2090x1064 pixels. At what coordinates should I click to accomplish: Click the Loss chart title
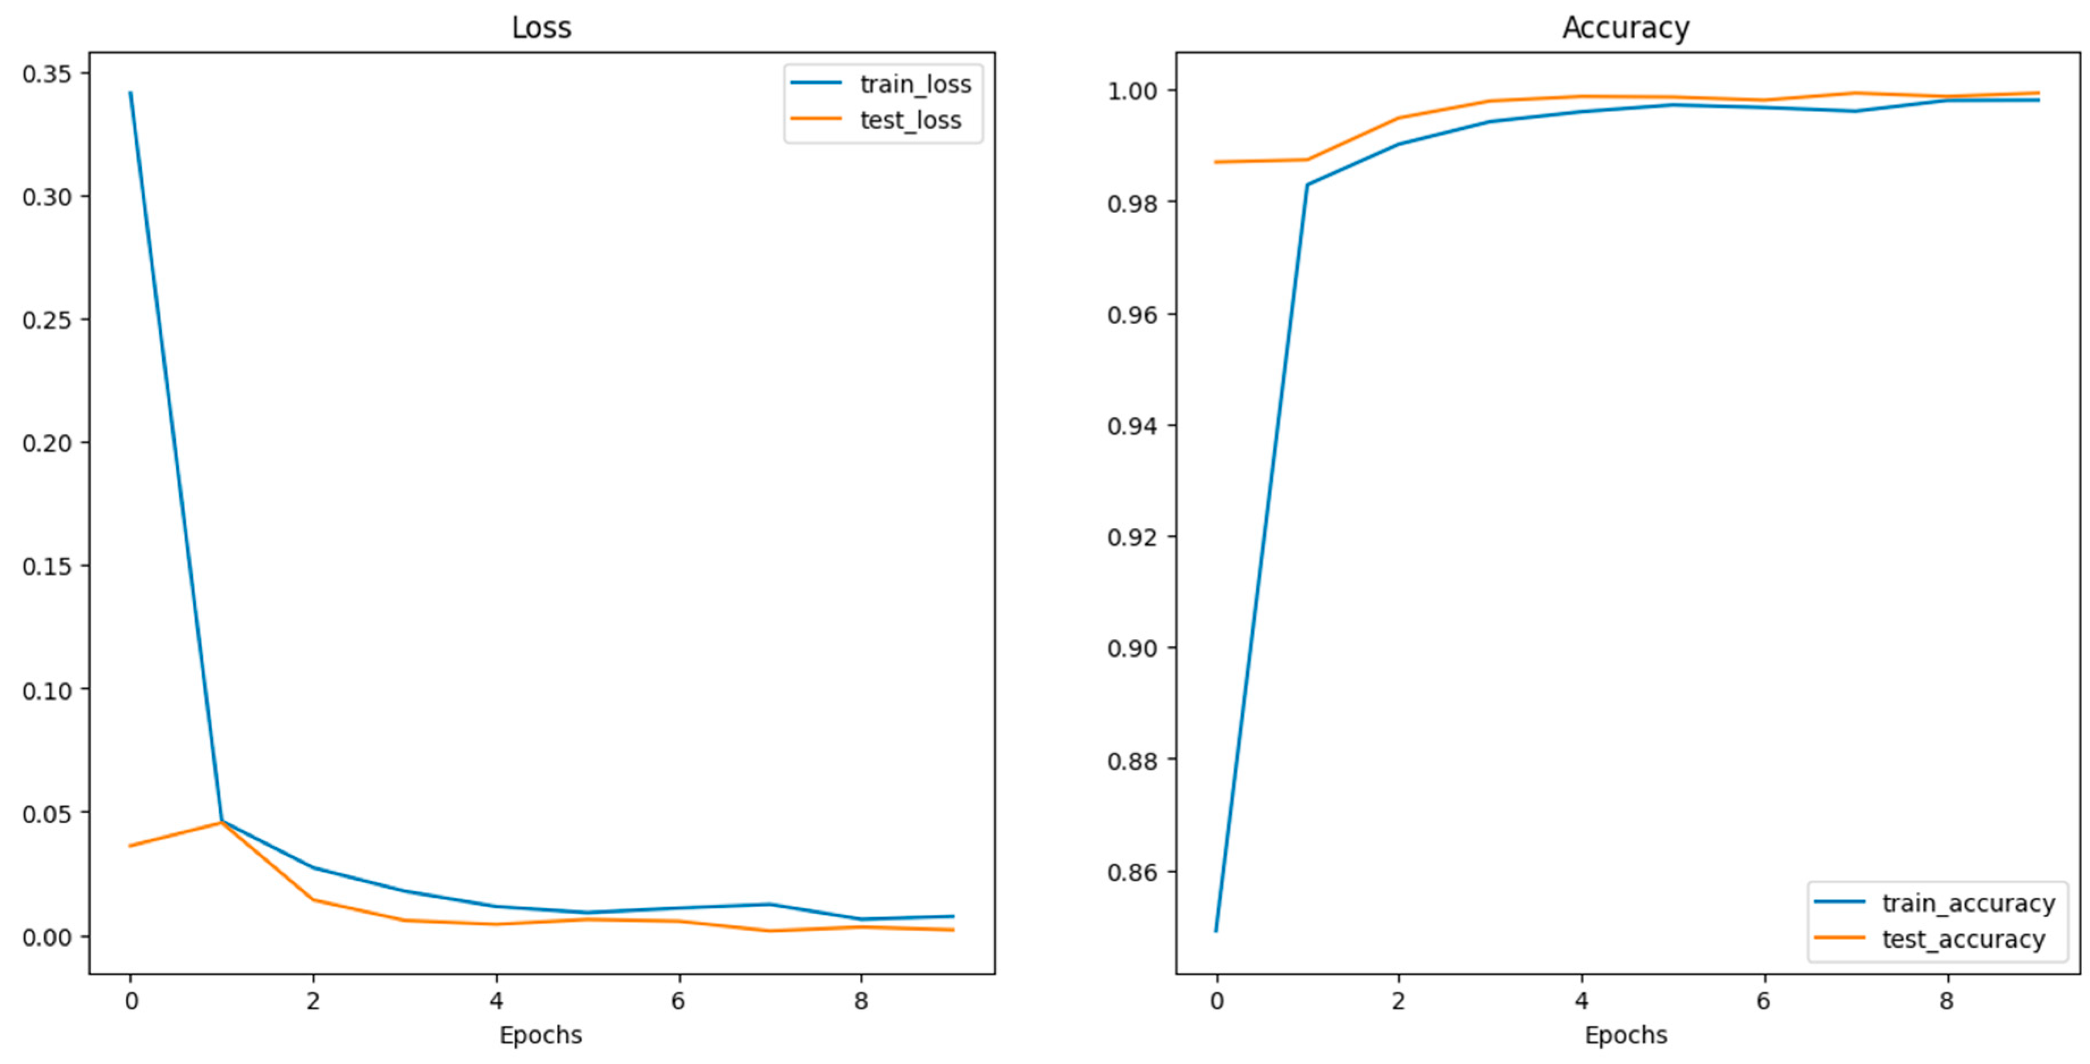541,28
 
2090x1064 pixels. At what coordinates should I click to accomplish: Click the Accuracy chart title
1626,28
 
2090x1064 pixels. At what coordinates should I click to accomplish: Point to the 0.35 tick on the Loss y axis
47,74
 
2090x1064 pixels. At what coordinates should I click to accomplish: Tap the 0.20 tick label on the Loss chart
47,443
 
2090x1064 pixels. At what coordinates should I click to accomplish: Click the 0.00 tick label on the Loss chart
47,936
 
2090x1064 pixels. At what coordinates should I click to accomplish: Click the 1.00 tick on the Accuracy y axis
1132,91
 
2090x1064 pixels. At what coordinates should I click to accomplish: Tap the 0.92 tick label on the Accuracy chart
1132,537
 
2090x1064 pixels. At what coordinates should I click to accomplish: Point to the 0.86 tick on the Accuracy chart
1132,872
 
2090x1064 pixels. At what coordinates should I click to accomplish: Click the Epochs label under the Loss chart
541,1035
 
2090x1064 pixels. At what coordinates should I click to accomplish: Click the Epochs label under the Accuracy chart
1626,1035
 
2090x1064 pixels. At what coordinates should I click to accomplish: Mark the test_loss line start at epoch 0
130,846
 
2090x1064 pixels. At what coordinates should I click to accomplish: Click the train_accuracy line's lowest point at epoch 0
1215,930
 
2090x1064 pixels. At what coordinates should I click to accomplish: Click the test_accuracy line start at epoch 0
1215,162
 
